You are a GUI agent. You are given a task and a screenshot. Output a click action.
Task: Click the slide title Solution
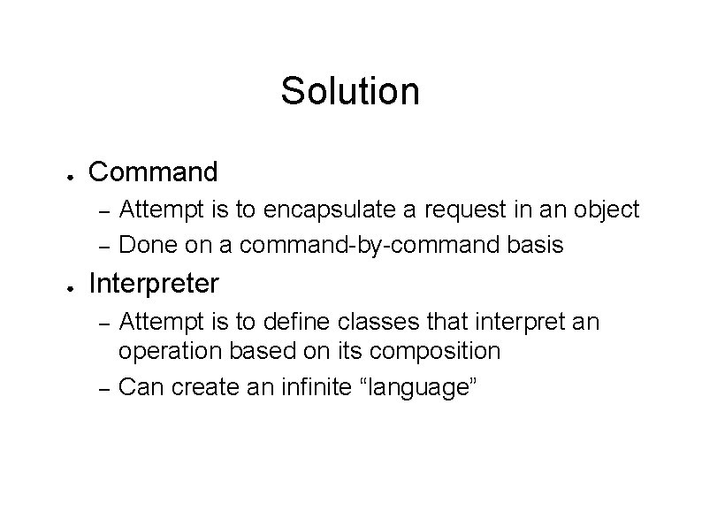(x=350, y=90)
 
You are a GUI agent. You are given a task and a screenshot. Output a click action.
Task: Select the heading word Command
(x=153, y=171)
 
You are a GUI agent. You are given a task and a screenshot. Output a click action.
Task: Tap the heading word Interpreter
(x=154, y=284)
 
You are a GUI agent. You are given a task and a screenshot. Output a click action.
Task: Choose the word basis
(x=534, y=244)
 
